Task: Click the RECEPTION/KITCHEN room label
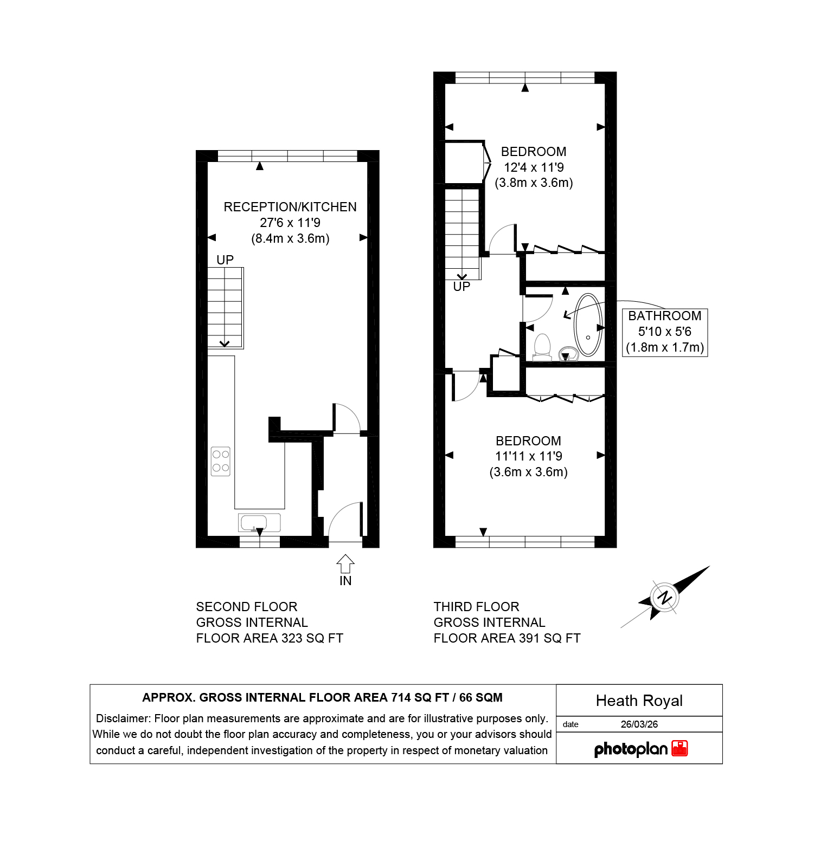click(290, 207)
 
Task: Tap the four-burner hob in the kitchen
click(221, 461)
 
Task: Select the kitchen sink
click(259, 523)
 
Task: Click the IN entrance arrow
click(345, 564)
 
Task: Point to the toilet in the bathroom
click(542, 347)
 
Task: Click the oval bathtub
click(588, 325)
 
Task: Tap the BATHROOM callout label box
click(665, 332)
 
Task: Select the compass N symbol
click(664, 598)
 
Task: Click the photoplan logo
click(641, 749)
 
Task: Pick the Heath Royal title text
click(639, 701)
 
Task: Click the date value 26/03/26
click(639, 724)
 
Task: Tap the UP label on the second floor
click(225, 260)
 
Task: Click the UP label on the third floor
click(462, 287)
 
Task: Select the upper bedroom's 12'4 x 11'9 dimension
click(534, 167)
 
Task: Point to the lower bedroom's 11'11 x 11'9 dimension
click(529, 456)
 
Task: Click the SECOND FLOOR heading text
click(247, 607)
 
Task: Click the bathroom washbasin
click(565, 354)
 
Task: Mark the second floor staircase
click(226, 308)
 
